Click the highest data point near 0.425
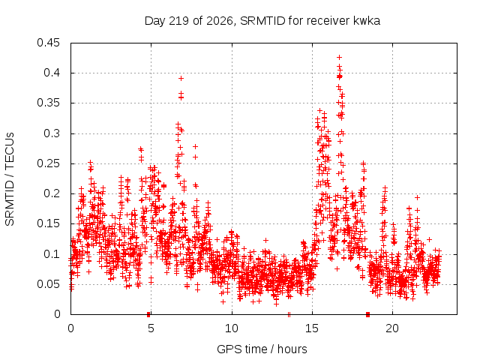click(x=339, y=57)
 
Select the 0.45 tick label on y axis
click(x=48, y=43)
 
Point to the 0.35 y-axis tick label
click(x=48, y=103)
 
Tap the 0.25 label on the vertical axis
click(x=48, y=163)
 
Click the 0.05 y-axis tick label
click(x=48, y=284)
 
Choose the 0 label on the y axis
click(x=57, y=314)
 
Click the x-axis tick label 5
click(x=151, y=328)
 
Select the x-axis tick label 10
click(x=232, y=328)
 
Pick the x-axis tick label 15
click(x=312, y=328)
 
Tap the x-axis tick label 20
click(x=392, y=328)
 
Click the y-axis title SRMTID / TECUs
click(x=10, y=179)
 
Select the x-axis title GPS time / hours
click(x=262, y=349)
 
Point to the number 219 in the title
click(x=180, y=21)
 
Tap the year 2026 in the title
click(x=219, y=21)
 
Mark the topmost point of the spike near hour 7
click(x=181, y=78)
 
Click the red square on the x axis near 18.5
click(x=368, y=314)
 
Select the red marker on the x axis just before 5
click(x=148, y=314)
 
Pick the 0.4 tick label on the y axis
click(x=52, y=73)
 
